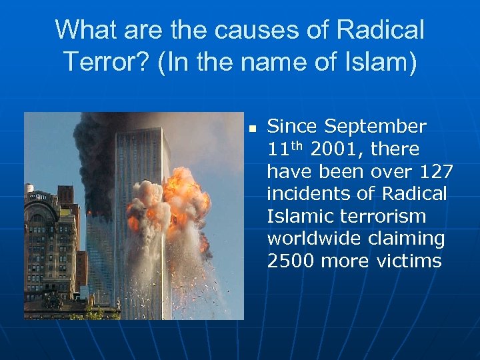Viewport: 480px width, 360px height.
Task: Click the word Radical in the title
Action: [381, 31]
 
